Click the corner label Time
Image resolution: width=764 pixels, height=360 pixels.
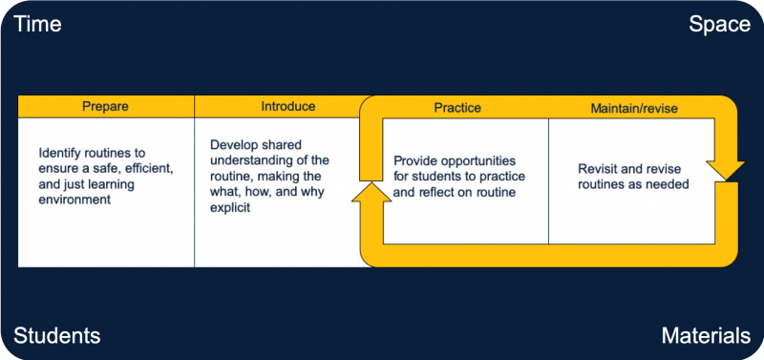click(x=37, y=25)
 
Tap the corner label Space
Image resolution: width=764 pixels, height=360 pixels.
click(x=720, y=25)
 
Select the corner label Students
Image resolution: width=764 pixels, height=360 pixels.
click(x=56, y=335)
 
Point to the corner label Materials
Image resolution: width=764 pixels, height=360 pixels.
click(x=706, y=335)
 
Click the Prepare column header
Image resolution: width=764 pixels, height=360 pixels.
click(x=105, y=106)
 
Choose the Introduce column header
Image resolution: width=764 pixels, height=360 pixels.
click(x=287, y=106)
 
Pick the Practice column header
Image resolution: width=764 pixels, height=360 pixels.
click(x=457, y=108)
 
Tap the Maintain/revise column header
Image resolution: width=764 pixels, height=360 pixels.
click(x=634, y=108)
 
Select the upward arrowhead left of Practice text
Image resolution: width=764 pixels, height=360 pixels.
click(x=369, y=196)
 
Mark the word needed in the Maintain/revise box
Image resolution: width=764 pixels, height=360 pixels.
click(x=667, y=184)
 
